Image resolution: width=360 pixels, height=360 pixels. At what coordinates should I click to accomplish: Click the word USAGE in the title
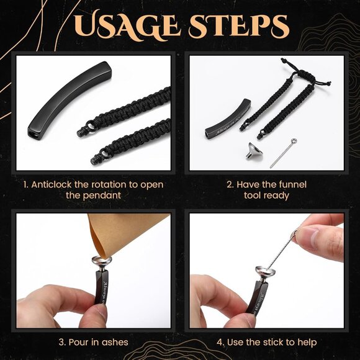(127, 25)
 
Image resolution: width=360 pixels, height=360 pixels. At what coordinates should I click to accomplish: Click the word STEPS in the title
(238, 26)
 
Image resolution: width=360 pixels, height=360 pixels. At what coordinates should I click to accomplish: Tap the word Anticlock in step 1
(52, 184)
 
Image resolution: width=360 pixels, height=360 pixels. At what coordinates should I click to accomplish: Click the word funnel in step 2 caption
(292, 184)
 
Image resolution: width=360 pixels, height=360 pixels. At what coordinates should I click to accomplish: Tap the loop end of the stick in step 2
(294, 140)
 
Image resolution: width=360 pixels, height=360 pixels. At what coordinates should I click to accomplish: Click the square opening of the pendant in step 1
(32, 135)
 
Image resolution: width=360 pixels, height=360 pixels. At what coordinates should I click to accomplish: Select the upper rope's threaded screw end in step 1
(81, 133)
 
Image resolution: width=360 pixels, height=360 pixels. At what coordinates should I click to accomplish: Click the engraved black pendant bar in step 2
(228, 119)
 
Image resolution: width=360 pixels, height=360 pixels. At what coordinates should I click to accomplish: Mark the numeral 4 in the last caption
(220, 343)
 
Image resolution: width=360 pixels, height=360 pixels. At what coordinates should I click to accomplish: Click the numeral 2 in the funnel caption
(230, 185)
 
